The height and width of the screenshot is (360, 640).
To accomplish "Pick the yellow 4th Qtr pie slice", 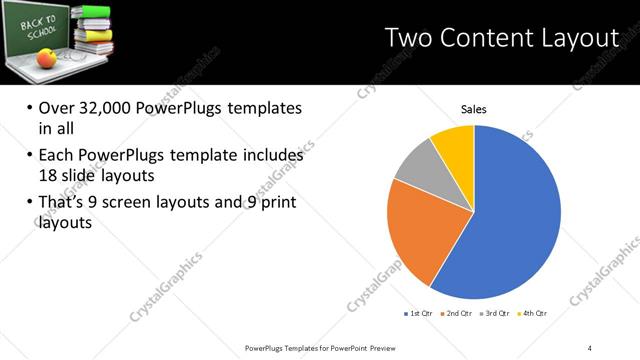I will pos(453,142).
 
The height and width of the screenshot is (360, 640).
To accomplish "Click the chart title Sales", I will pos(473,110).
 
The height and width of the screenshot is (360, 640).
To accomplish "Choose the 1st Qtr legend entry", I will pos(417,314).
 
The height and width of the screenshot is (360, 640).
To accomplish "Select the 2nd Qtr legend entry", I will pos(457,314).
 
